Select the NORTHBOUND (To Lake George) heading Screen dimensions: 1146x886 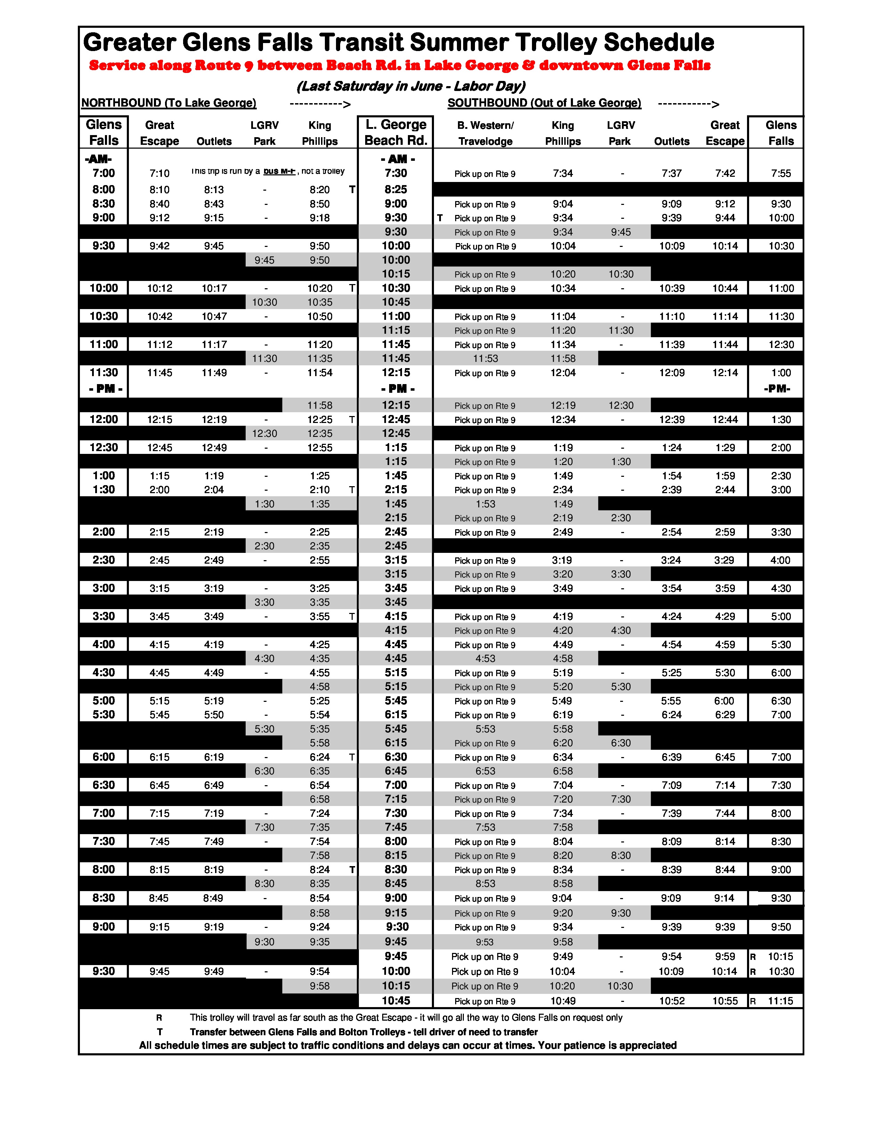pyautogui.click(x=169, y=103)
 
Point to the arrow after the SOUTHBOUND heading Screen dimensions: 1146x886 pyautogui.click(x=688, y=104)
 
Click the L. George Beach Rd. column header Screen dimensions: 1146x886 pyautogui.click(x=396, y=132)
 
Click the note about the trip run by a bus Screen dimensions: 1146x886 pyautogui.click(x=268, y=171)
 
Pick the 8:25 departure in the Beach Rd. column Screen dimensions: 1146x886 pyautogui.click(x=396, y=189)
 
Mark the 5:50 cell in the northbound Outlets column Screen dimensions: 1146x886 pyautogui.click(x=214, y=715)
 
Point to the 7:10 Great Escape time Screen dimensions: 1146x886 pyautogui.click(x=159, y=174)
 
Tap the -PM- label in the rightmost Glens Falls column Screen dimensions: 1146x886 pyautogui.click(x=777, y=389)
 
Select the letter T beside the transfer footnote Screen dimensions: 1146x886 pyautogui.click(x=159, y=1032)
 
